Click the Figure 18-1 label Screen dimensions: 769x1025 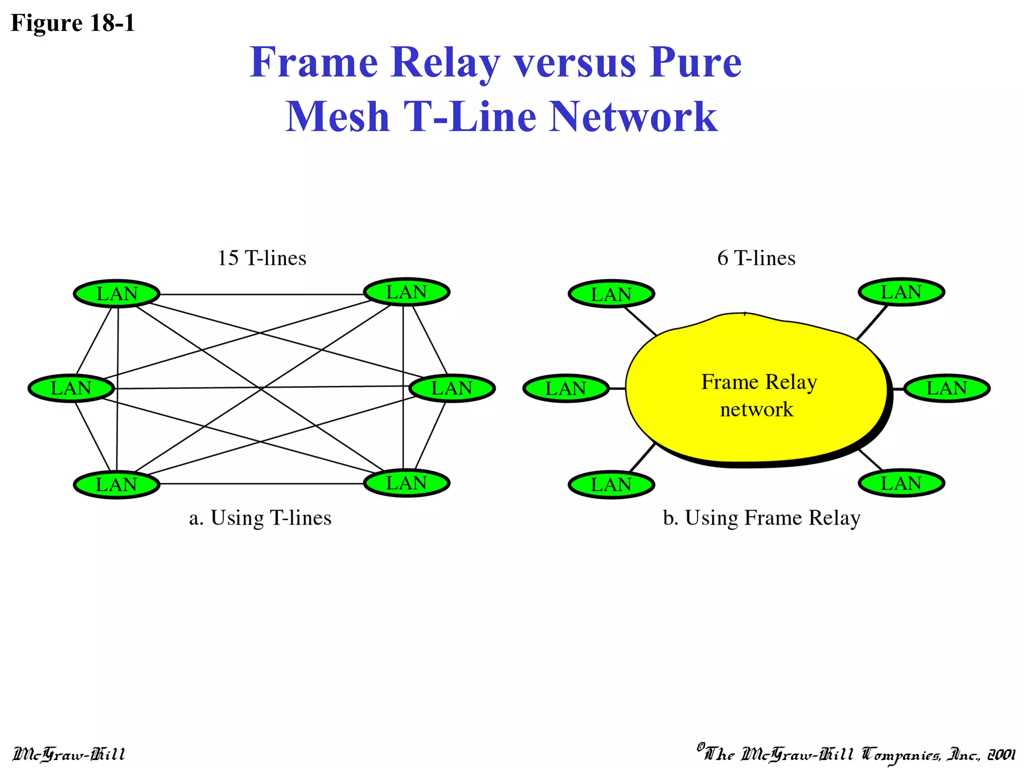[x=73, y=23]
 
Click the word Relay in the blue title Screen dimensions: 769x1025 [x=445, y=63]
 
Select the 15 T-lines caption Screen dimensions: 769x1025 [x=261, y=258]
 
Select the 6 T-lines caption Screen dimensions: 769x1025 [x=756, y=258]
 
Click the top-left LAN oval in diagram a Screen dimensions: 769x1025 [x=117, y=294]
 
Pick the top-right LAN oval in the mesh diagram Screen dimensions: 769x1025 [x=406, y=292]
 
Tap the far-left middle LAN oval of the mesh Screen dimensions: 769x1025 [x=71, y=388]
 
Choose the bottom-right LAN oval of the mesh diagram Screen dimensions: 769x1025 [x=406, y=483]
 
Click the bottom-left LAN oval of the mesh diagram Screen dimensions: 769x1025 [x=116, y=484]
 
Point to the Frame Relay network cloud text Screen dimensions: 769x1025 [x=758, y=396]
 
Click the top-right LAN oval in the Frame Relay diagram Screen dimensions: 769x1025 [x=901, y=292]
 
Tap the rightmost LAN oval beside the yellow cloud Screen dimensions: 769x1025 [x=946, y=388]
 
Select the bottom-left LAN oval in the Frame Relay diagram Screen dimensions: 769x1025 [x=611, y=484]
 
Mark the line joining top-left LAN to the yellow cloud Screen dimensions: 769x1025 [x=641, y=321]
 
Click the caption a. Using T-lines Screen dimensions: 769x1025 [x=260, y=518]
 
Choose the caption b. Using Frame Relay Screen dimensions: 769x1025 [x=761, y=518]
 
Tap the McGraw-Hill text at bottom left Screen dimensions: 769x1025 [x=69, y=754]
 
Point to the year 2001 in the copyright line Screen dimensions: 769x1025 [x=1001, y=754]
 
